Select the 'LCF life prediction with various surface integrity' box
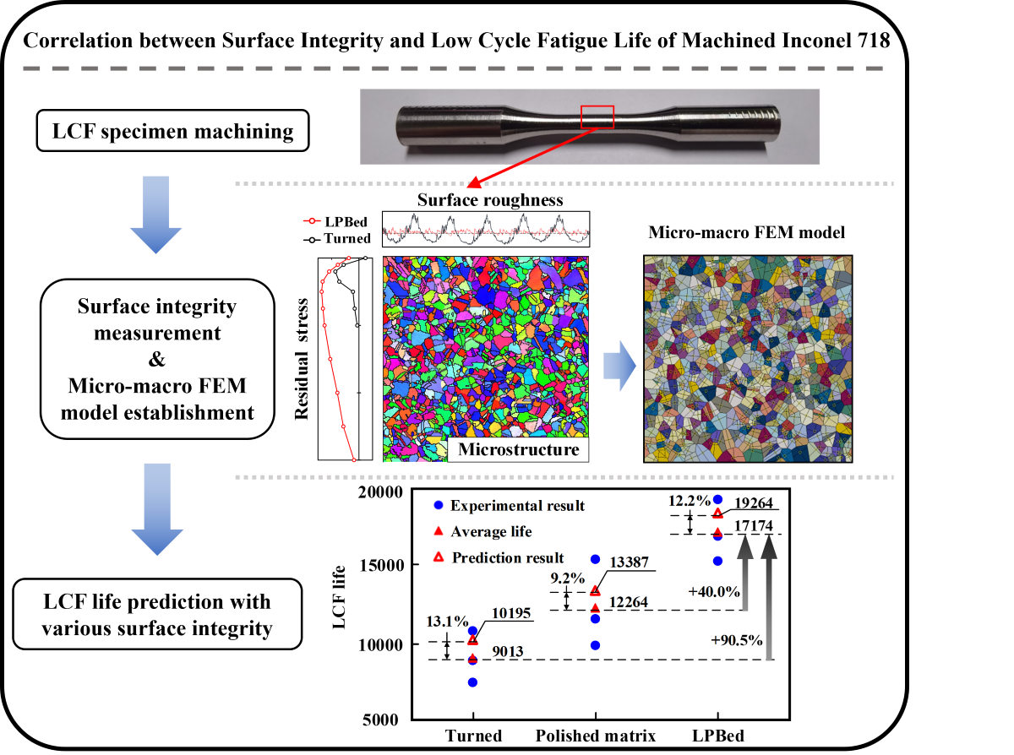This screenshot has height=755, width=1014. (x=159, y=614)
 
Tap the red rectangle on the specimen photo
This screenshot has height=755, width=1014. (x=597, y=117)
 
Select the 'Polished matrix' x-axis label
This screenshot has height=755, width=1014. (x=596, y=736)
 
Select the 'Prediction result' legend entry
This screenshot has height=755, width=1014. (x=507, y=557)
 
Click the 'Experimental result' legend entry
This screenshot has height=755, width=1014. (x=517, y=506)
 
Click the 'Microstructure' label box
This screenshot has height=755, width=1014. (x=518, y=448)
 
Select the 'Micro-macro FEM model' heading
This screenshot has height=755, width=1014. (x=746, y=231)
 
